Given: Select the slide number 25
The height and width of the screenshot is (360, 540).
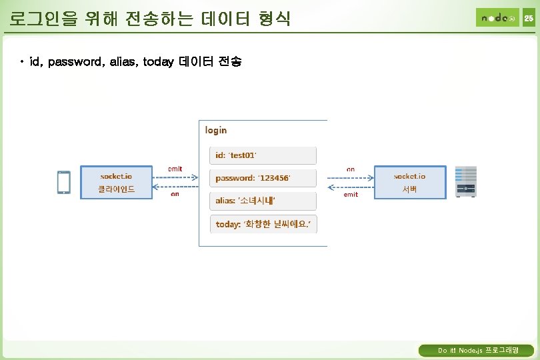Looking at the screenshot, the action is point(528,18).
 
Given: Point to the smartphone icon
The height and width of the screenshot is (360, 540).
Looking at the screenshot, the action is point(64,183).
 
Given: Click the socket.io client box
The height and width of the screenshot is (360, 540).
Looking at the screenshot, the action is point(116,182).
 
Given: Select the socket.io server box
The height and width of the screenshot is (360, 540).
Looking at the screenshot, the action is point(409,182).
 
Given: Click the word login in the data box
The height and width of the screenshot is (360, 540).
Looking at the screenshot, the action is point(216,130).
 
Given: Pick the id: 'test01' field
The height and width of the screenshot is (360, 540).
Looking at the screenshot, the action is point(263,155).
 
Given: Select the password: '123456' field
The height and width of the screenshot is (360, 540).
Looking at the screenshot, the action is point(263,179).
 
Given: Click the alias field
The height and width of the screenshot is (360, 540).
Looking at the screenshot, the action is point(263,201).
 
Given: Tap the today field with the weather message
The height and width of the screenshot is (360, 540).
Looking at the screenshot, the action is point(263,224).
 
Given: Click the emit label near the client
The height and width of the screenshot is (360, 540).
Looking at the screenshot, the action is point(175,169).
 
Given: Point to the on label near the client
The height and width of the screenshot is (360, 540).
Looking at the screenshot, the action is point(175,195).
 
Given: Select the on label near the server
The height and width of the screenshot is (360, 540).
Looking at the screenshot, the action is point(351,169).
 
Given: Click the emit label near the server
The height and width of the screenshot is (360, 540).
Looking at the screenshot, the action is point(351,195).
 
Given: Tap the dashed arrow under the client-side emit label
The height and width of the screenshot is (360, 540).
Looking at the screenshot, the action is point(175,178).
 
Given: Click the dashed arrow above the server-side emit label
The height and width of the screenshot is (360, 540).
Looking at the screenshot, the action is point(350,187).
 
